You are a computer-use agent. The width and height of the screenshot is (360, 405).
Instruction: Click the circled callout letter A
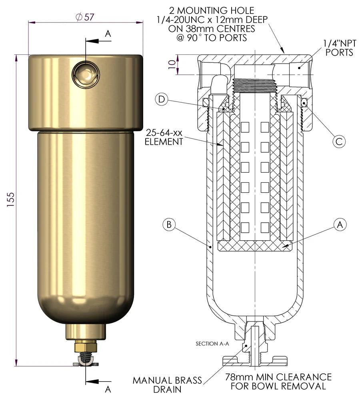(x=340, y=225)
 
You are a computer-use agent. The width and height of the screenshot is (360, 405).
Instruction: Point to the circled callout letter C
(x=338, y=141)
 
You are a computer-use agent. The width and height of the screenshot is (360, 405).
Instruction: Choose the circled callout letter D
(x=161, y=100)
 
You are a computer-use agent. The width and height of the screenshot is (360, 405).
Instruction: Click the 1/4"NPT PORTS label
(x=338, y=48)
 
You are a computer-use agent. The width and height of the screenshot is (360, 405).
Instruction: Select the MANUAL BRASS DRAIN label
(x=167, y=385)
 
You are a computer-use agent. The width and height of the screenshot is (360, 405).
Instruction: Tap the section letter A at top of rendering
(x=108, y=34)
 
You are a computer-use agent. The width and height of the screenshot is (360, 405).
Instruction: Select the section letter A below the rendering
(x=108, y=389)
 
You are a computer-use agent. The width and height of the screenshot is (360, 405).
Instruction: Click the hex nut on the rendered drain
(x=86, y=346)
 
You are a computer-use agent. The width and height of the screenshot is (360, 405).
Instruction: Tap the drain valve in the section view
(x=254, y=344)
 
